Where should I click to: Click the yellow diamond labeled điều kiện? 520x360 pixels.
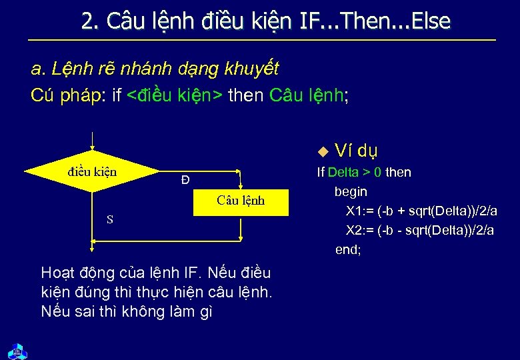click(x=92, y=172)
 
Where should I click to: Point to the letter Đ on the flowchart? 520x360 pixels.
click(x=185, y=180)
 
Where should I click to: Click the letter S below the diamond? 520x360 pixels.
click(x=110, y=219)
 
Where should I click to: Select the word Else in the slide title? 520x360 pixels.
click(x=431, y=22)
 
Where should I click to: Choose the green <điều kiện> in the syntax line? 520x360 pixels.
click(x=175, y=95)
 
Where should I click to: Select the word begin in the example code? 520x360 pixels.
click(x=351, y=192)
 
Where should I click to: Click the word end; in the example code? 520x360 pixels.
click(x=348, y=250)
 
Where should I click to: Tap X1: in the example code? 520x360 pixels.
click(x=357, y=211)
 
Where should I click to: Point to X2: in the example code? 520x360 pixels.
click(x=357, y=231)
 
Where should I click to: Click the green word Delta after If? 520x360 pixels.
click(x=343, y=173)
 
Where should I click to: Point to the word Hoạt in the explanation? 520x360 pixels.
click(x=57, y=273)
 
